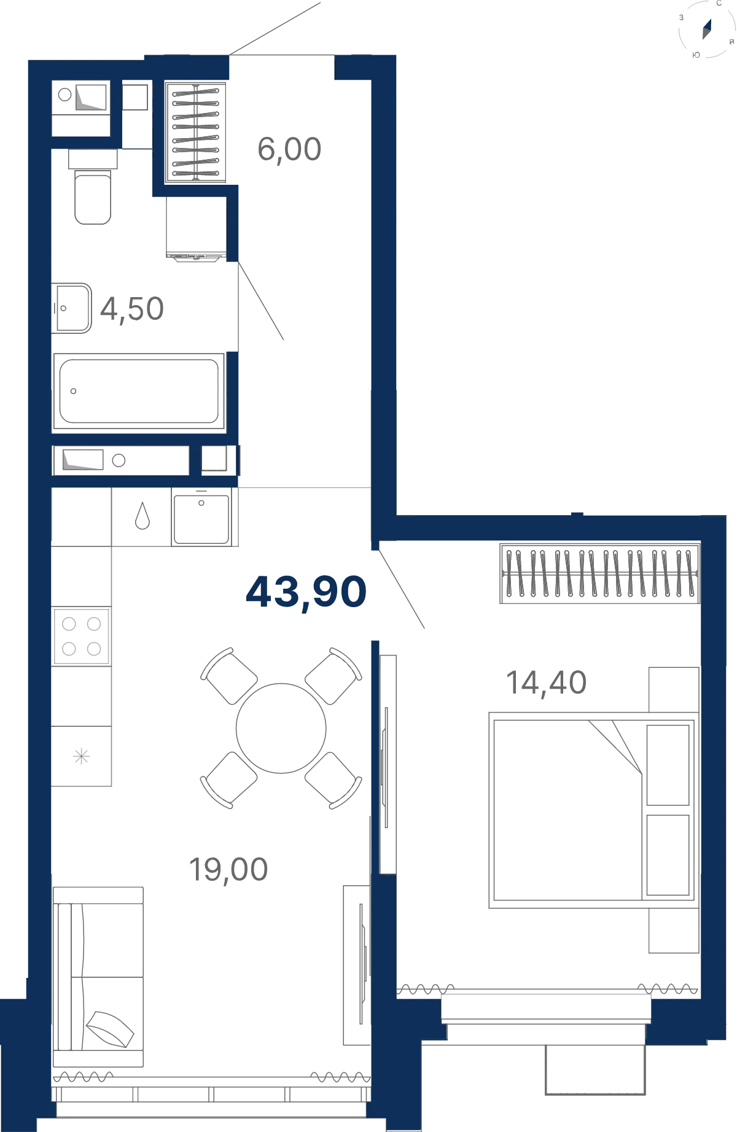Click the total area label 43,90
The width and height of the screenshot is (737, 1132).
click(306, 592)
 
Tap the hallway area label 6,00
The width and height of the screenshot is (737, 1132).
click(289, 150)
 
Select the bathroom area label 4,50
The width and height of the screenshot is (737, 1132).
click(132, 309)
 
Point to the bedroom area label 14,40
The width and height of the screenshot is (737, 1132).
click(546, 683)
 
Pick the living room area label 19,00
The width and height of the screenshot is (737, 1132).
click(228, 870)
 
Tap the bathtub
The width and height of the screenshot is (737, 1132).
click(139, 391)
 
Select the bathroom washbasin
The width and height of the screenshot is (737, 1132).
click(72, 308)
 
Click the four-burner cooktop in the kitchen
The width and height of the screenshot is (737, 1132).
click(82, 636)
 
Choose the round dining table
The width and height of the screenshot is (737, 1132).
click(281, 728)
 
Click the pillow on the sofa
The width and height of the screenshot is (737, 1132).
click(110, 1029)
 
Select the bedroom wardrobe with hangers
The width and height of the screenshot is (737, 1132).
click(600, 573)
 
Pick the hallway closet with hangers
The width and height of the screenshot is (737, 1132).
click(196, 133)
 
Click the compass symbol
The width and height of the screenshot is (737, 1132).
click(707, 29)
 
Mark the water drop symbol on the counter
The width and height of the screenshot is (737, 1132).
click(142, 516)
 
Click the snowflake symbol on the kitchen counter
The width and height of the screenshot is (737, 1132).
click(82, 756)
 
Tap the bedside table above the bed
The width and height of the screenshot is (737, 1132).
click(674, 690)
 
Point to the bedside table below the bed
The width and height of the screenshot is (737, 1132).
click(674, 931)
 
